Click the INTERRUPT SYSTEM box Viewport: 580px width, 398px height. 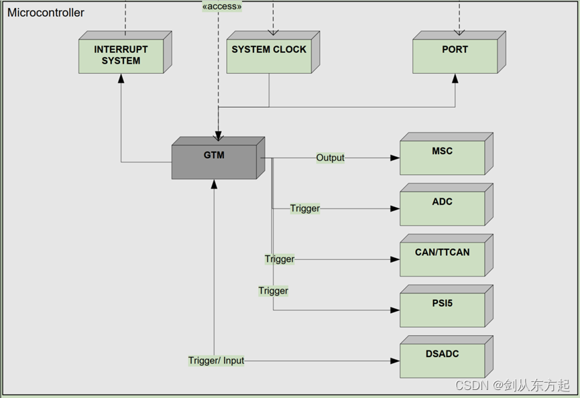pos(125,52)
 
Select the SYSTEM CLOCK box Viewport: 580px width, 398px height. pos(273,52)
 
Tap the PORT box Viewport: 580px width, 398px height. pos(459,52)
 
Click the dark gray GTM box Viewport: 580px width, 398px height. pos(218,158)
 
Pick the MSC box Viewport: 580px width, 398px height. pos(447,153)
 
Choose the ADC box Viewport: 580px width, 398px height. pos(447,204)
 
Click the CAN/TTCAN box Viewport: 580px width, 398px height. pos(447,255)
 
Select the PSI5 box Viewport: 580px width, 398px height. pos(447,306)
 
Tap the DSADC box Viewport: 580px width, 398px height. pos(447,356)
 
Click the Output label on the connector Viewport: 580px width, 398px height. pos(331,158)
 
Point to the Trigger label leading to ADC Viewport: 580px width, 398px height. pos(305,208)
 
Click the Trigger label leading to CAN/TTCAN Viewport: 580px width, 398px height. pos(280,259)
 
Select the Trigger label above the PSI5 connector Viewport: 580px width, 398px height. pos(274,291)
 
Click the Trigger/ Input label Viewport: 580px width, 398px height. pos(216,360)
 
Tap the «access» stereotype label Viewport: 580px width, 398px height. pos(222,6)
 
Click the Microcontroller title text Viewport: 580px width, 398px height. pos(46,13)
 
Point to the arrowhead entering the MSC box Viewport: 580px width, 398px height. pos(395,158)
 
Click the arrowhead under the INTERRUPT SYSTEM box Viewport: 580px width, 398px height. pos(121,78)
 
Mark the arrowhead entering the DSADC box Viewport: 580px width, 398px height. pos(395,360)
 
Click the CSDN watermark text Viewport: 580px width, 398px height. pos(512,385)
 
